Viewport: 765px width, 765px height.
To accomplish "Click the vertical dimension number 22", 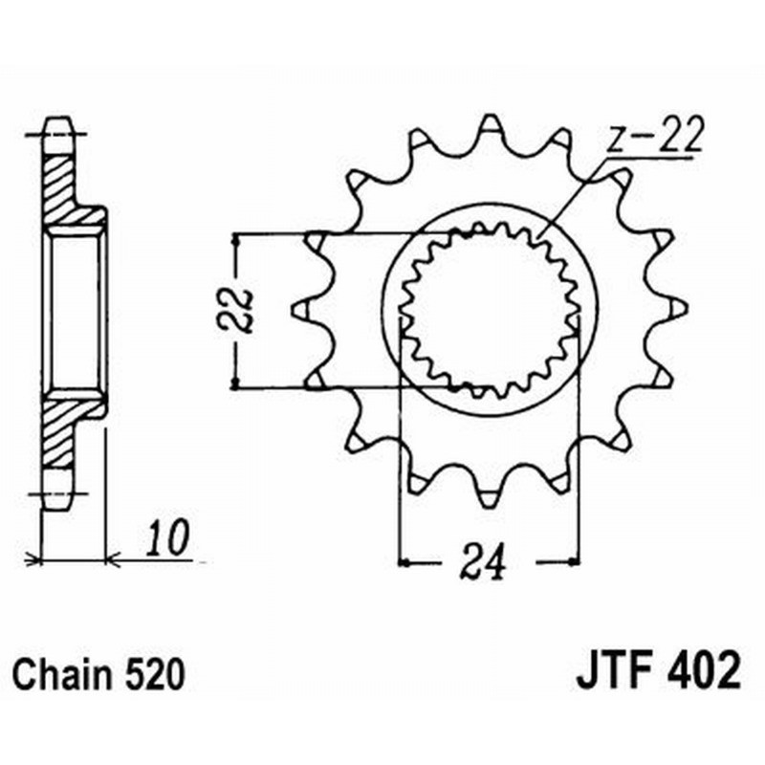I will click(x=242, y=308).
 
